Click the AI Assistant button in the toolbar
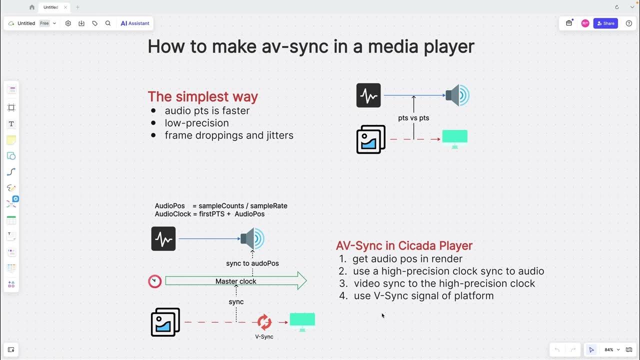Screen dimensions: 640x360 coord(135,23)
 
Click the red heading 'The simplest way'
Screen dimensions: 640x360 coord(202,96)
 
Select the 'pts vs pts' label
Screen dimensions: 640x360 coord(413,118)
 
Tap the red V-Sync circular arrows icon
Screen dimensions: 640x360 coord(264,322)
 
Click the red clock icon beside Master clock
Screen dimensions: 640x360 coord(155,281)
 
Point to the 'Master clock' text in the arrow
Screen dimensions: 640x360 coord(235,281)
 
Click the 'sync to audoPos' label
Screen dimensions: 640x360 coord(252,263)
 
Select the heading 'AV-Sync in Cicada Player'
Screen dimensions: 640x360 coord(404,245)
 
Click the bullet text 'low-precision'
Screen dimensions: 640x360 coord(196,123)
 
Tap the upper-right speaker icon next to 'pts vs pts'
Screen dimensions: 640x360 coord(457,95)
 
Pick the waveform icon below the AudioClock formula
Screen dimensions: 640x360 coord(163,239)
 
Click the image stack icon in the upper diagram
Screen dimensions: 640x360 coord(371,139)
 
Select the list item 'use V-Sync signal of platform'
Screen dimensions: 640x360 coord(423,295)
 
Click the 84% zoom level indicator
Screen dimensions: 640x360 coord(609,350)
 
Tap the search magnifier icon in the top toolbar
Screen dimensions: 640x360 coord(108,23)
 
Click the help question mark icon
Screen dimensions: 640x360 coord(629,23)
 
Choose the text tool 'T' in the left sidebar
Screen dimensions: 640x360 coord(11,123)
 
